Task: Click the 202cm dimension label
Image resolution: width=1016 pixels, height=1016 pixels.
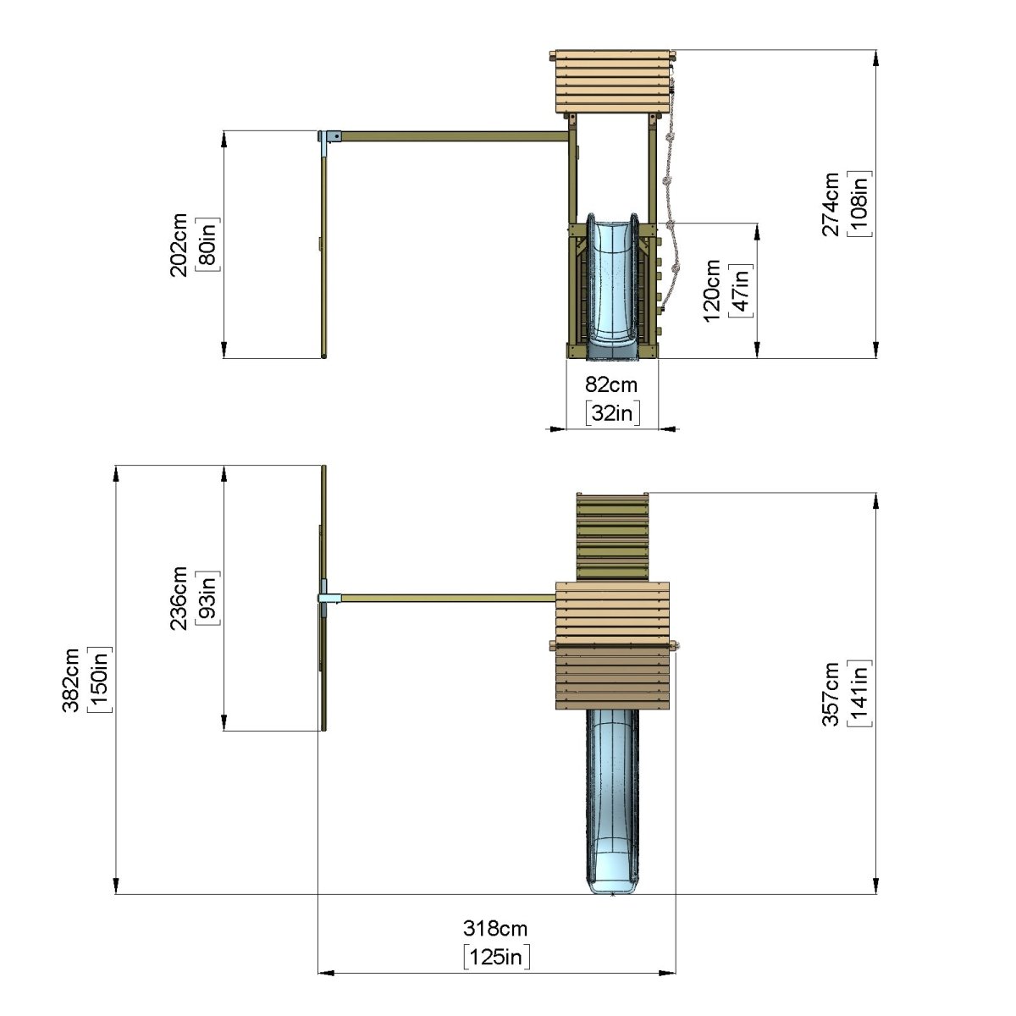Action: click(179, 245)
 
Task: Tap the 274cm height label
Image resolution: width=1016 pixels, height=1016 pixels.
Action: click(831, 204)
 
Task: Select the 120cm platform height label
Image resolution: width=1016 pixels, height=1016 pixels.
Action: click(712, 290)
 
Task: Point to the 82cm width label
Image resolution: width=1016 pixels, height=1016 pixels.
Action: click(611, 385)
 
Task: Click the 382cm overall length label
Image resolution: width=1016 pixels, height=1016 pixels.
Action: click(71, 681)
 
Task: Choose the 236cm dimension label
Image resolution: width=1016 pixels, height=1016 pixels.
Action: click(179, 599)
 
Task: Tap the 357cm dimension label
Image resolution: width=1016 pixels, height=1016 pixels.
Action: click(831, 694)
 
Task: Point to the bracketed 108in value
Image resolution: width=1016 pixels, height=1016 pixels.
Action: click(859, 204)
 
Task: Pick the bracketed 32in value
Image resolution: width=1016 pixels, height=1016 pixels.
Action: click(613, 413)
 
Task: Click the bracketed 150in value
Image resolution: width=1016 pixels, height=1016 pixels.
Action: click(100, 680)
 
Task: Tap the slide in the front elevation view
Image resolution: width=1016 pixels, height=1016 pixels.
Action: click(613, 287)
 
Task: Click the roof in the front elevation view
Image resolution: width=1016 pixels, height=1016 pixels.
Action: click(612, 82)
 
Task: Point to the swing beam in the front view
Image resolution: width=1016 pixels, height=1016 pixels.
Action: click(455, 136)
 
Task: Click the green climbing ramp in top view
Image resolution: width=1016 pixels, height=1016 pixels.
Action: click(612, 537)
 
